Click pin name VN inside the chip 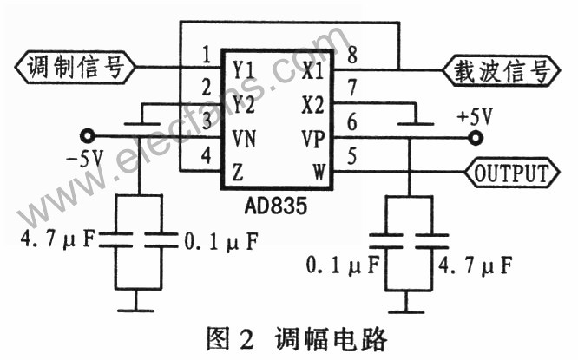[x=244, y=139]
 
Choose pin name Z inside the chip [x=237, y=172]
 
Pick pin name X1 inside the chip [x=313, y=69]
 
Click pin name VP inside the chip [x=313, y=139]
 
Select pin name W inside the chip [x=320, y=173]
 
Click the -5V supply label [x=85, y=159]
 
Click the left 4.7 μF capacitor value [x=49, y=239]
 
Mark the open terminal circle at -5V [x=86, y=135]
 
